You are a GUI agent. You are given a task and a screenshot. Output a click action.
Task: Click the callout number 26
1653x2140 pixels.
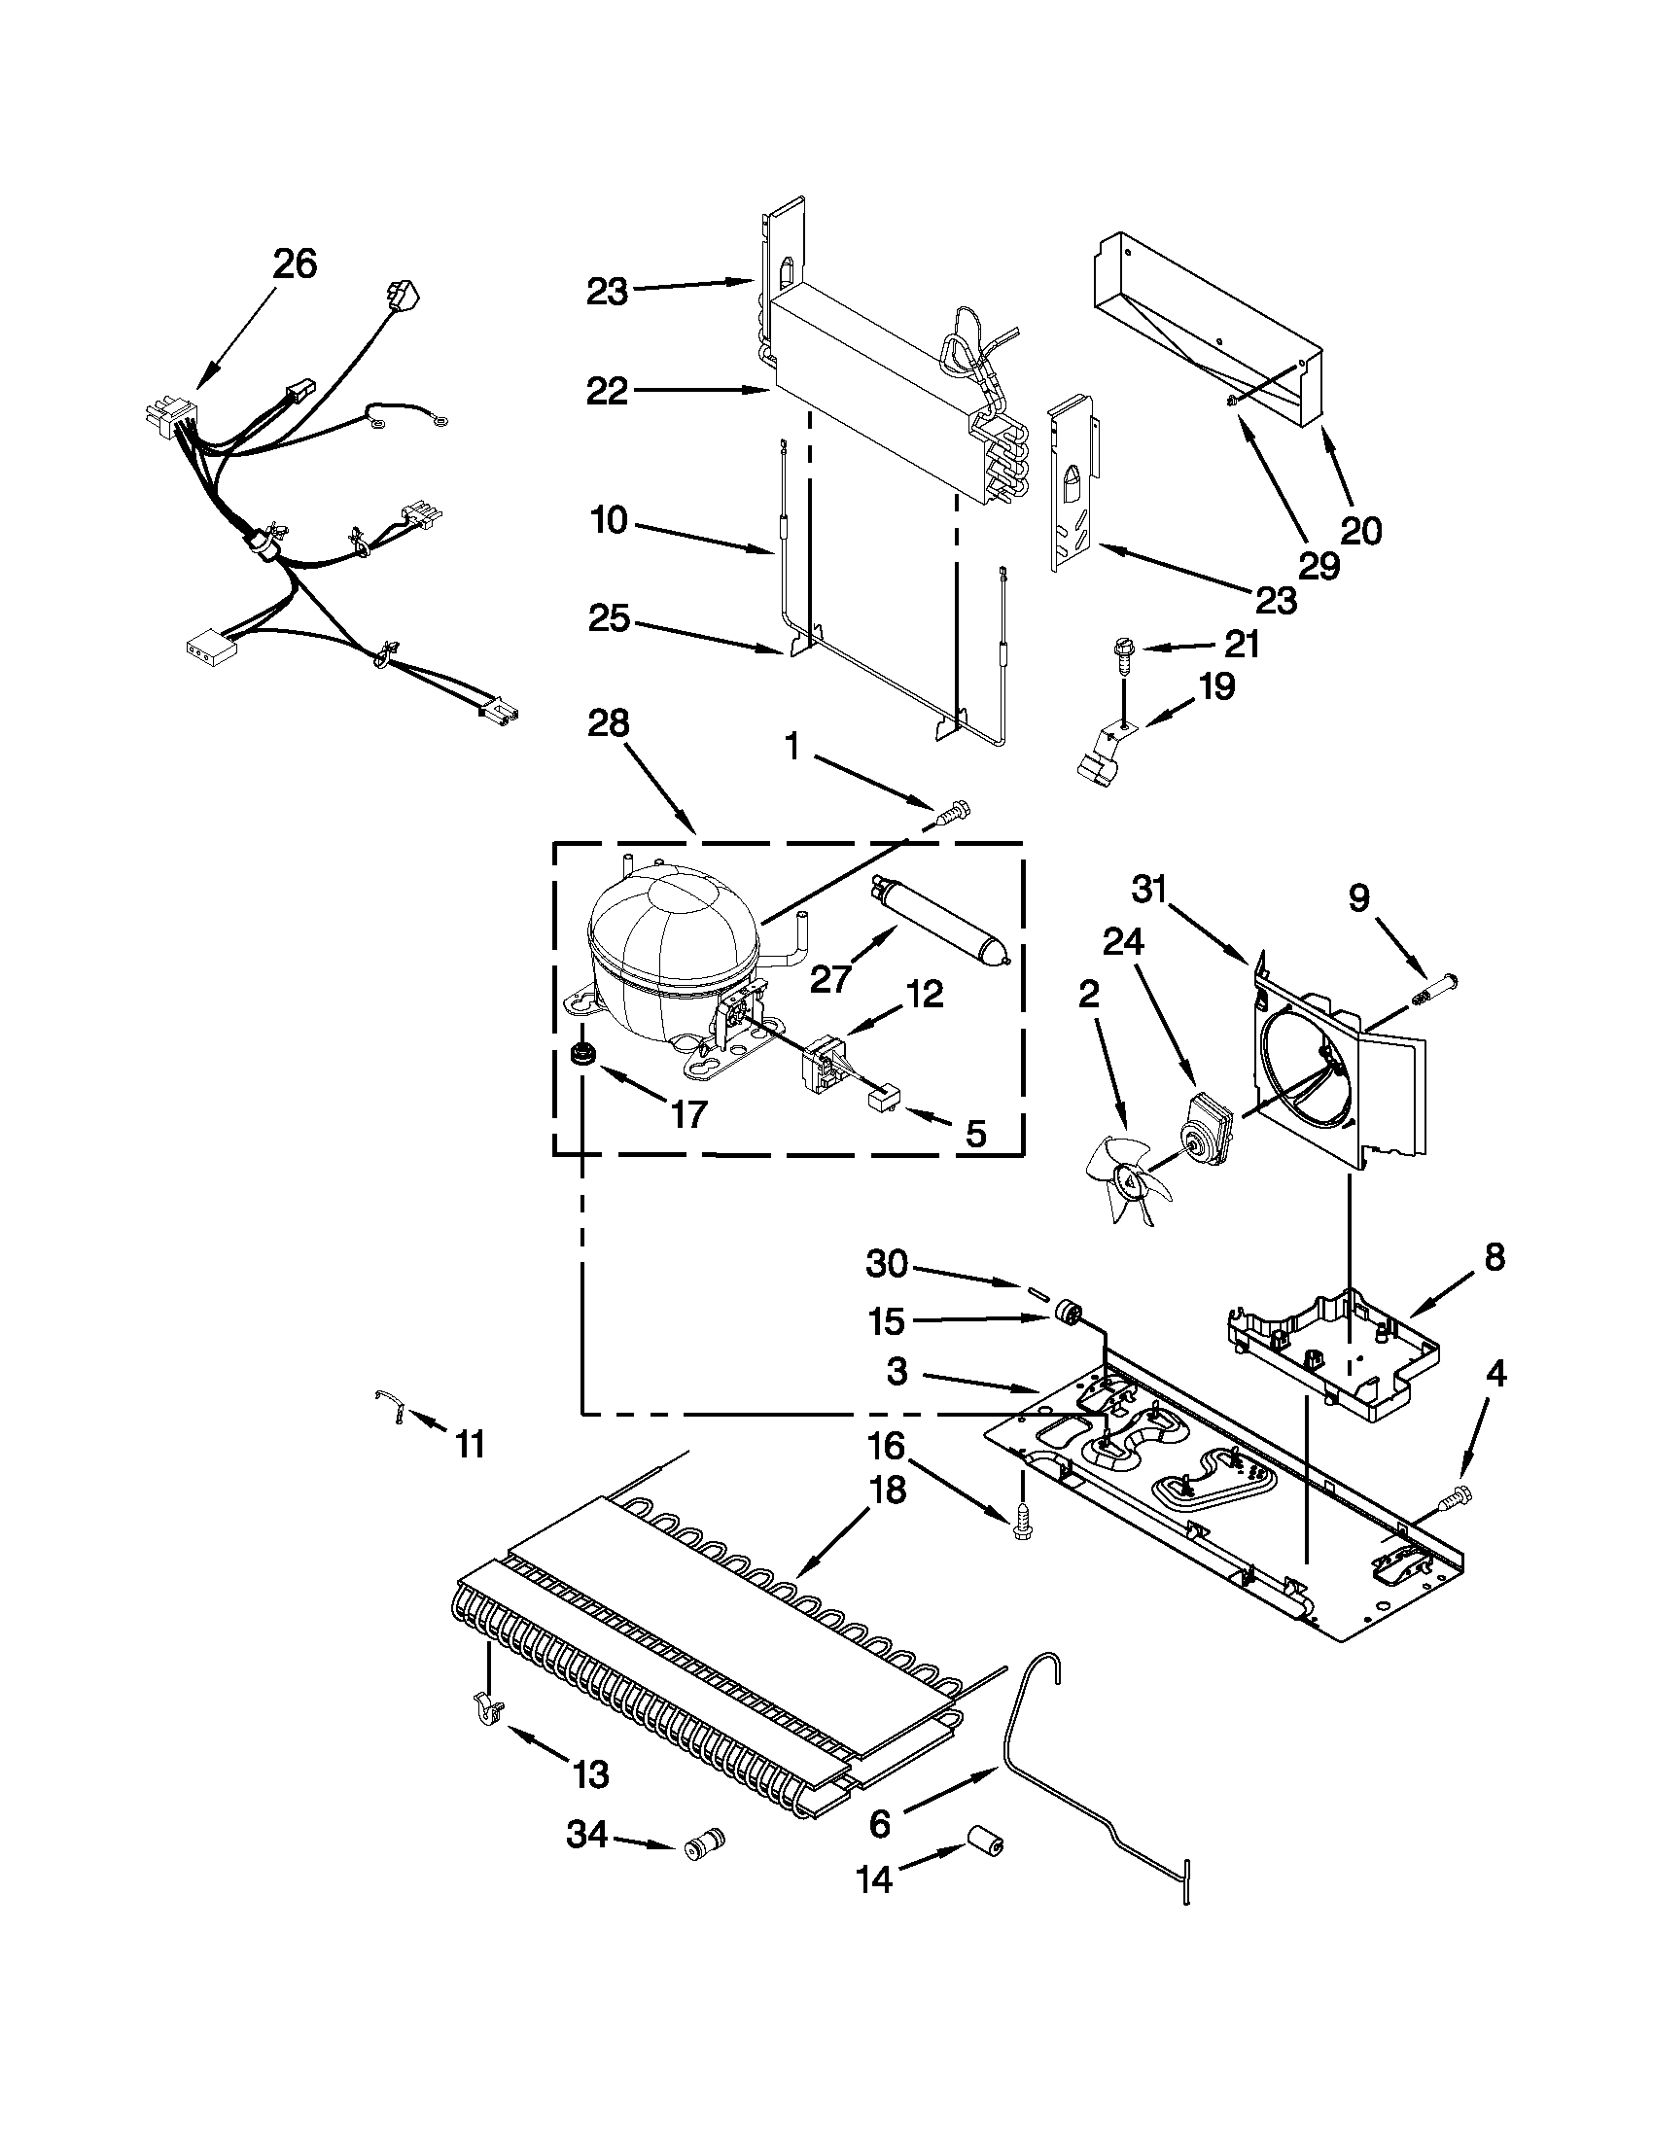click(295, 263)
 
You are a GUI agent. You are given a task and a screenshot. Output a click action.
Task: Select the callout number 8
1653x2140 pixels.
click(1494, 1257)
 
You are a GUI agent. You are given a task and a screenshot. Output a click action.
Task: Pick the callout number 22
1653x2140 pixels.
click(608, 392)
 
